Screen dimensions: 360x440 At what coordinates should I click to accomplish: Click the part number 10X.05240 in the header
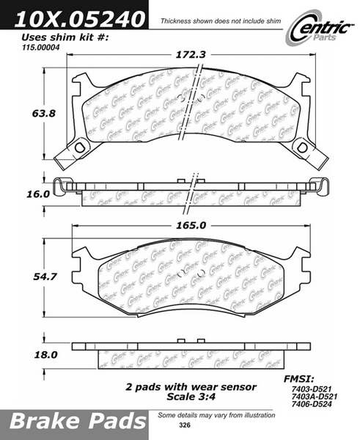pyautogui.click(x=79, y=19)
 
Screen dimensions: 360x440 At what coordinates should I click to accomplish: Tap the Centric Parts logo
pyautogui.click(x=320, y=29)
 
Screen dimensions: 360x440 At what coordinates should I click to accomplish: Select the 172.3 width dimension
pyautogui.click(x=191, y=54)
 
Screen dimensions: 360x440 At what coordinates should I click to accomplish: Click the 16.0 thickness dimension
pyautogui.click(x=38, y=194)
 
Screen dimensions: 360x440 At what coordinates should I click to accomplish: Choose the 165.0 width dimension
pyautogui.click(x=191, y=225)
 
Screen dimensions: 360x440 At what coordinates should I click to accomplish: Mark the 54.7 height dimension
pyautogui.click(x=45, y=276)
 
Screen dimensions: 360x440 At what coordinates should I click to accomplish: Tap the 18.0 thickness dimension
pyautogui.click(x=45, y=355)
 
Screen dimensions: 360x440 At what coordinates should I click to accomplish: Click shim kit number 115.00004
pyautogui.click(x=40, y=48)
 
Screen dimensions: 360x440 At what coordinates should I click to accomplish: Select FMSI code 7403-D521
pyautogui.click(x=312, y=389)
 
